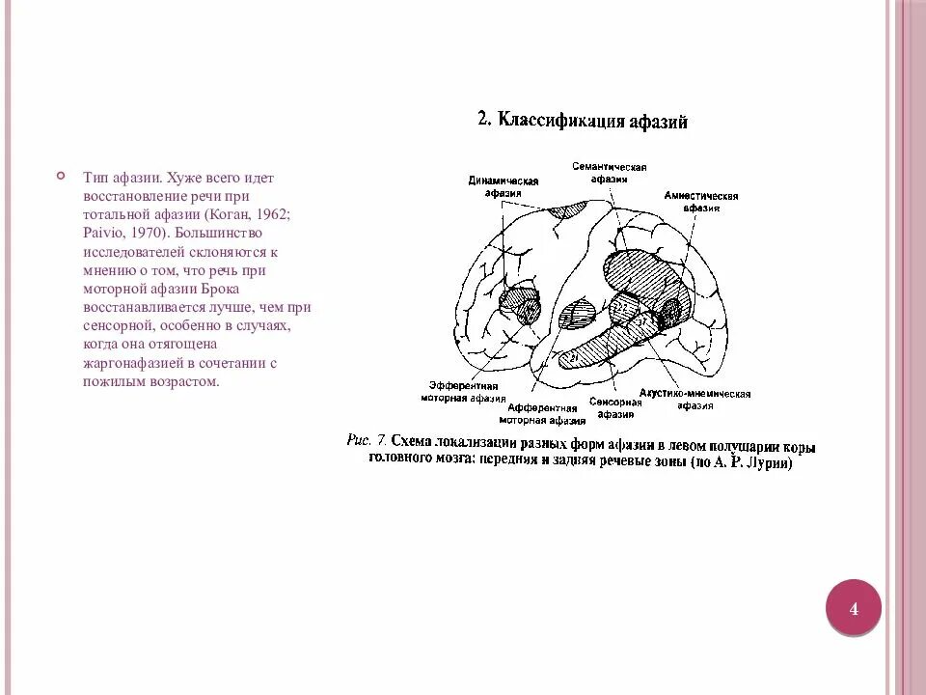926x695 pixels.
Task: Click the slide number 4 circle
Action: [x=853, y=608]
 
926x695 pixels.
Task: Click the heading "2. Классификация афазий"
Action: [x=582, y=121]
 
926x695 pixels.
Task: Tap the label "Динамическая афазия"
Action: [x=503, y=186]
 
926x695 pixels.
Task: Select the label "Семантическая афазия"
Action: [x=609, y=173]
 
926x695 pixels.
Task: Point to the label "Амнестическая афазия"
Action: [x=700, y=201]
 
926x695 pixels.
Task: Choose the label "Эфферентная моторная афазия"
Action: [x=462, y=390]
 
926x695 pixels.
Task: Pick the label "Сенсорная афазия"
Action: [x=615, y=407]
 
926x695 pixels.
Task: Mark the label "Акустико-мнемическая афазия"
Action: [x=694, y=400]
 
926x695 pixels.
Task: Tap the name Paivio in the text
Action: [x=103, y=233]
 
